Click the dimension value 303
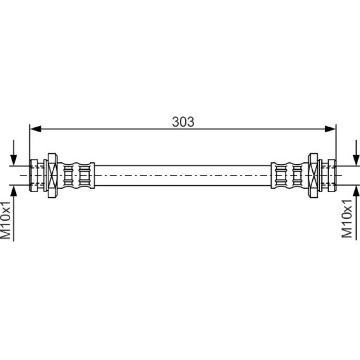point(183,122)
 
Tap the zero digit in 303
point(183,122)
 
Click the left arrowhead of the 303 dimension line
point(36,129)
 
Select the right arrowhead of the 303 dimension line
point(330,129)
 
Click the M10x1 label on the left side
point(6,220)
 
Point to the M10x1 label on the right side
point(347,218)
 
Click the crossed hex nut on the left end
point(52,175)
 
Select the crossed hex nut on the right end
point(313,175)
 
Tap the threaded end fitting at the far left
point(34,175)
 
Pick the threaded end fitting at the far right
point(332,175)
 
